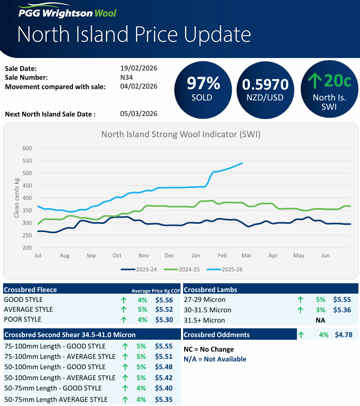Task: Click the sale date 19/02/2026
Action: pos(138,68)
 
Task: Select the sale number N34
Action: pos(127,77)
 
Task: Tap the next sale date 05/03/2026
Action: pos(138,114)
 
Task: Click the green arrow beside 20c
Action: pos(314,81)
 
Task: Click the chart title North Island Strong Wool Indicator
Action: pos(181,135)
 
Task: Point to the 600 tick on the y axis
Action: pos(27,149)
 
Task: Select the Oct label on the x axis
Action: pos(117,256)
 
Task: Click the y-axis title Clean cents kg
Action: pos(17,198)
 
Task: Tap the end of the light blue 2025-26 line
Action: pos(243,163)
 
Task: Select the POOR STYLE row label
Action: pos(23,320)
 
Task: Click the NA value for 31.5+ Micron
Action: pos(320,321)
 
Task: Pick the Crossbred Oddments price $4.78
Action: pos(343,335)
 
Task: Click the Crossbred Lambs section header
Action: pos(211,289)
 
